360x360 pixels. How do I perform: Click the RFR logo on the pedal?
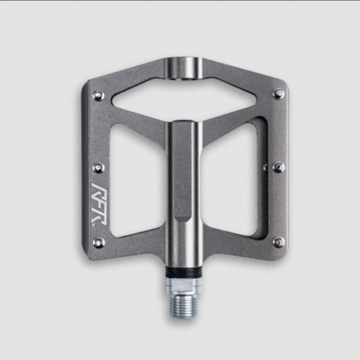tap(99, 204)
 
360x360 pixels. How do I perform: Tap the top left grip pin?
tap(99, 95)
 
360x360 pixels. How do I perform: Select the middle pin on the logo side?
tap(99, 167)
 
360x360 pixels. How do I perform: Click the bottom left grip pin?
tap(99, 242)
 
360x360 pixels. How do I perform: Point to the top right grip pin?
tap(279, 94)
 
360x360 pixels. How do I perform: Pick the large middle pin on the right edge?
tap(279, 167)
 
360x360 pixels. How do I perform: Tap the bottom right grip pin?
tap(279, 242)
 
